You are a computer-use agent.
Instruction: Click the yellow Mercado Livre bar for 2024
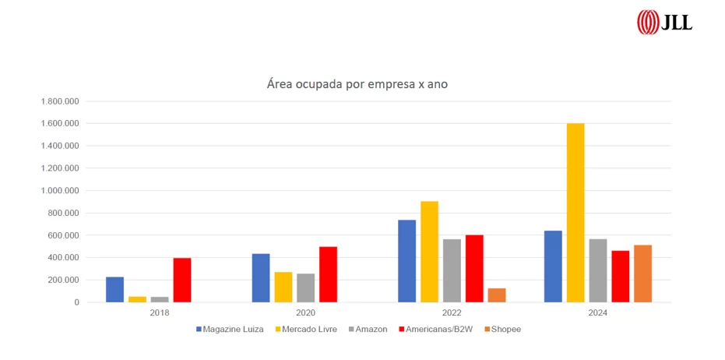(x=575, y=213)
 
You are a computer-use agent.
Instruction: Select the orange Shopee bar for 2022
(x=497, y=295)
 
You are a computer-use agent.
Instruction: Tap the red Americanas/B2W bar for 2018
(x=182, y=280)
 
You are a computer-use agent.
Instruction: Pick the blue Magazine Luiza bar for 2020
(x=261, y=277)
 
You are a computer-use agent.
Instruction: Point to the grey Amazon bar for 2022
(x=452, y=270)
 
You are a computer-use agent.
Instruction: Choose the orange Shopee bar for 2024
(x=642, y=274)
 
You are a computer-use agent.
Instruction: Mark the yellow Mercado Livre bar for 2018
(x=137, y=298)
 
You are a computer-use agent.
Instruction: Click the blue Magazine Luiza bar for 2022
(x=406, y=261)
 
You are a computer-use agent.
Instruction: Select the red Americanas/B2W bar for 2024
(x=620, y=276)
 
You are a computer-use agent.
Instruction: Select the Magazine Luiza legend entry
(x=230, y=329)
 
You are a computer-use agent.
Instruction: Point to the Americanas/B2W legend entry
(x=434, y=329)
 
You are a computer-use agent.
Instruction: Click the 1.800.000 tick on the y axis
(x=59, y=101)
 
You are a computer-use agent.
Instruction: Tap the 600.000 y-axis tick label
(x=62, y=235)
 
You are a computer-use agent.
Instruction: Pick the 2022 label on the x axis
(x=452, y=313)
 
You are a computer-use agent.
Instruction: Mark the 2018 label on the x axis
(x=160, y=313)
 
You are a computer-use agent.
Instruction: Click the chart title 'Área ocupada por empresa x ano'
(x=357, y=83)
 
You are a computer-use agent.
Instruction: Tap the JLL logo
(x=664, y=22)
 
